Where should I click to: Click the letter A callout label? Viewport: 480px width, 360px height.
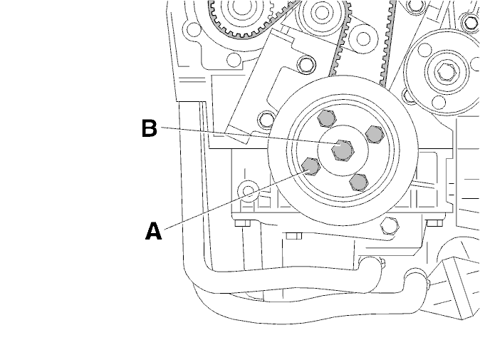pos(153,231)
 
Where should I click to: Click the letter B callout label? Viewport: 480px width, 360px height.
pos(150,128)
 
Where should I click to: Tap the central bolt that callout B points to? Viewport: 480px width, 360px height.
pos(343,150)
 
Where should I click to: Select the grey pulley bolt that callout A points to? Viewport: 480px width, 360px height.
pos(311,166)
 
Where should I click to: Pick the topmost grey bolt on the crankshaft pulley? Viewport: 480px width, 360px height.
pos(327,118)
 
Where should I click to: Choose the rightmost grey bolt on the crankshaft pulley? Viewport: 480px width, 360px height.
pos(375,134)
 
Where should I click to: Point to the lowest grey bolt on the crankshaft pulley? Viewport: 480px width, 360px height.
pos(359,182)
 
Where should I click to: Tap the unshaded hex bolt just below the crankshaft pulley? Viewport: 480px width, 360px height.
pos(390,227)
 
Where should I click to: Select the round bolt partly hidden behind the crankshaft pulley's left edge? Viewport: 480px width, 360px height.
pos(266,120)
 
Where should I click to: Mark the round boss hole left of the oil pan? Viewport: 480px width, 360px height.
pos(249,190)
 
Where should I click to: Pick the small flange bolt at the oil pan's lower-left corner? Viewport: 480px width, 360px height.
pos(243,223)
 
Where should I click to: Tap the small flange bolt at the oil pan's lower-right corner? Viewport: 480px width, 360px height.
pos(434,222)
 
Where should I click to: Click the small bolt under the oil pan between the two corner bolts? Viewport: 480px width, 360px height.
pos(294,236)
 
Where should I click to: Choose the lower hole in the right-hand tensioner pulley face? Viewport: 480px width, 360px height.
pos(439,103)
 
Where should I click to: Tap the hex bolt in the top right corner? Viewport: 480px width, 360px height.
pos(470,21)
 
